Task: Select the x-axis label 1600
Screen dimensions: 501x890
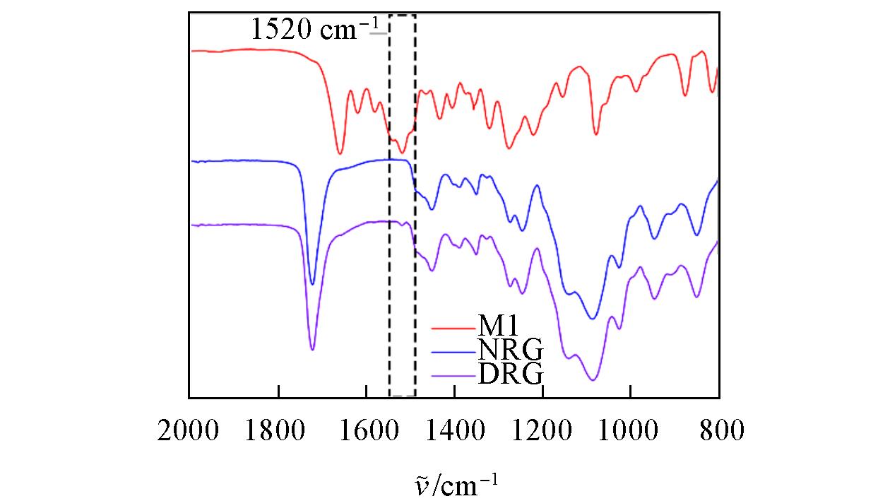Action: point(366,430)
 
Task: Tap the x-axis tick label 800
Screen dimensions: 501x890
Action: point(719,430)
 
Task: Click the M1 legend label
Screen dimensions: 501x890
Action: point(499,327)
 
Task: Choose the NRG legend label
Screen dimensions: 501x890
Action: point(511,350)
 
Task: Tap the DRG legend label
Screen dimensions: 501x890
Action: point(511,372)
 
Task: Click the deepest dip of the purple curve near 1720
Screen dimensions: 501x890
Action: point(312,349)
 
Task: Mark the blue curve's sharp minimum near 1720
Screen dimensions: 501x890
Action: point(312,283)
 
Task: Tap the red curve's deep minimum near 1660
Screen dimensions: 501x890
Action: point(340,153)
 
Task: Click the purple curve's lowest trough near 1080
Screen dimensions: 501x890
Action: point(593,380)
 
